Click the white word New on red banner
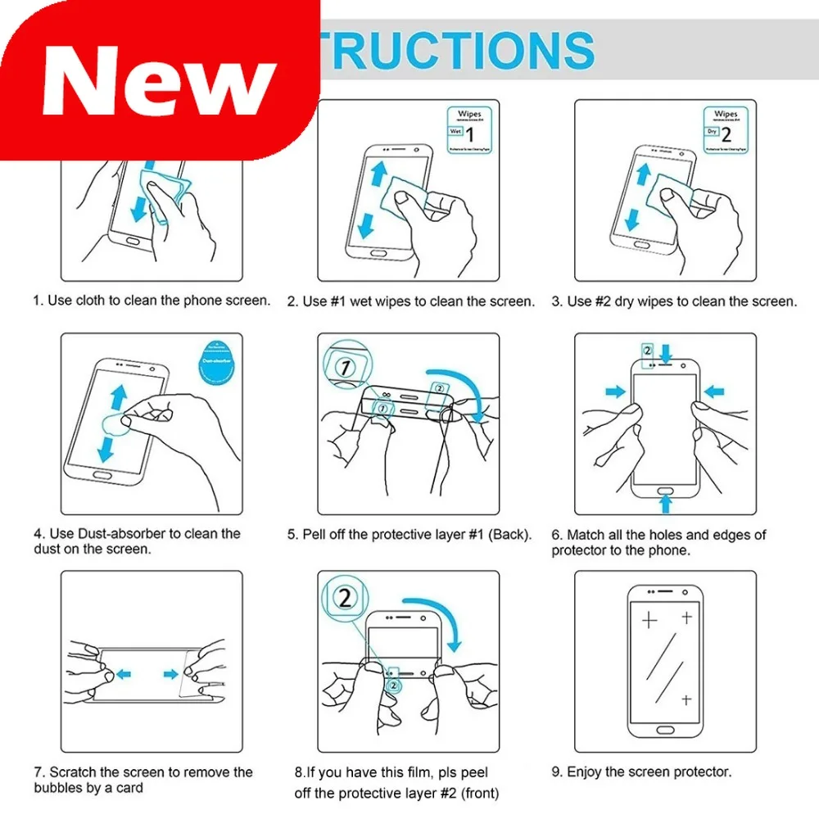[159, 79]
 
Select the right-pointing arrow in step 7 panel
[171, 674]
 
